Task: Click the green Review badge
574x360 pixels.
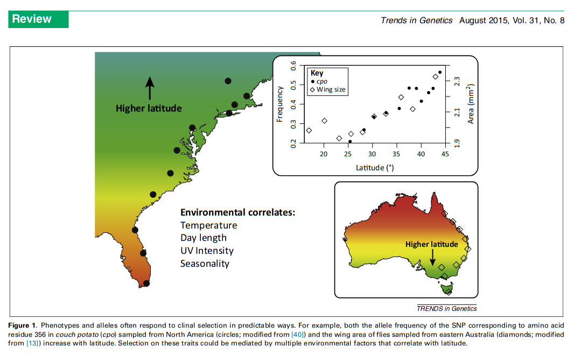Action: tap(38, 19)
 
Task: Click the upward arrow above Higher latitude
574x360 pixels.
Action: tap(150, 88)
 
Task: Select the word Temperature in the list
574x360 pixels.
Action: tap(208, 225)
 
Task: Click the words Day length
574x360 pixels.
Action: tap(203, 238)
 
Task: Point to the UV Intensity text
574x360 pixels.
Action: tap(207, 251)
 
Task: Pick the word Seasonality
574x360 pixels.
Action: tap(205, 264)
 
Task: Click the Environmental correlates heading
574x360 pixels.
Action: tap(237, 212)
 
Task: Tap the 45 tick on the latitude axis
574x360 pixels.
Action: tap(445, 155)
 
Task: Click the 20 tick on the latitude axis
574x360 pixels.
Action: tap(324, 155)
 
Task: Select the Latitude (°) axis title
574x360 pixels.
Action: tap(375, 167)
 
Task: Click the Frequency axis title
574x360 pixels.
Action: tap(280, 104)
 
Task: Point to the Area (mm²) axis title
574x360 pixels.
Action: tap(470, 104)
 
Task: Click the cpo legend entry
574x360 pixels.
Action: tap(322, 81)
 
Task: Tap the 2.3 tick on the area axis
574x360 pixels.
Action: tap(457, 81)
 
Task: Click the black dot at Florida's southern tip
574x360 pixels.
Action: tap(146, 283)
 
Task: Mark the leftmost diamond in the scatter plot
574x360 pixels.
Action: tap(309, 130)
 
